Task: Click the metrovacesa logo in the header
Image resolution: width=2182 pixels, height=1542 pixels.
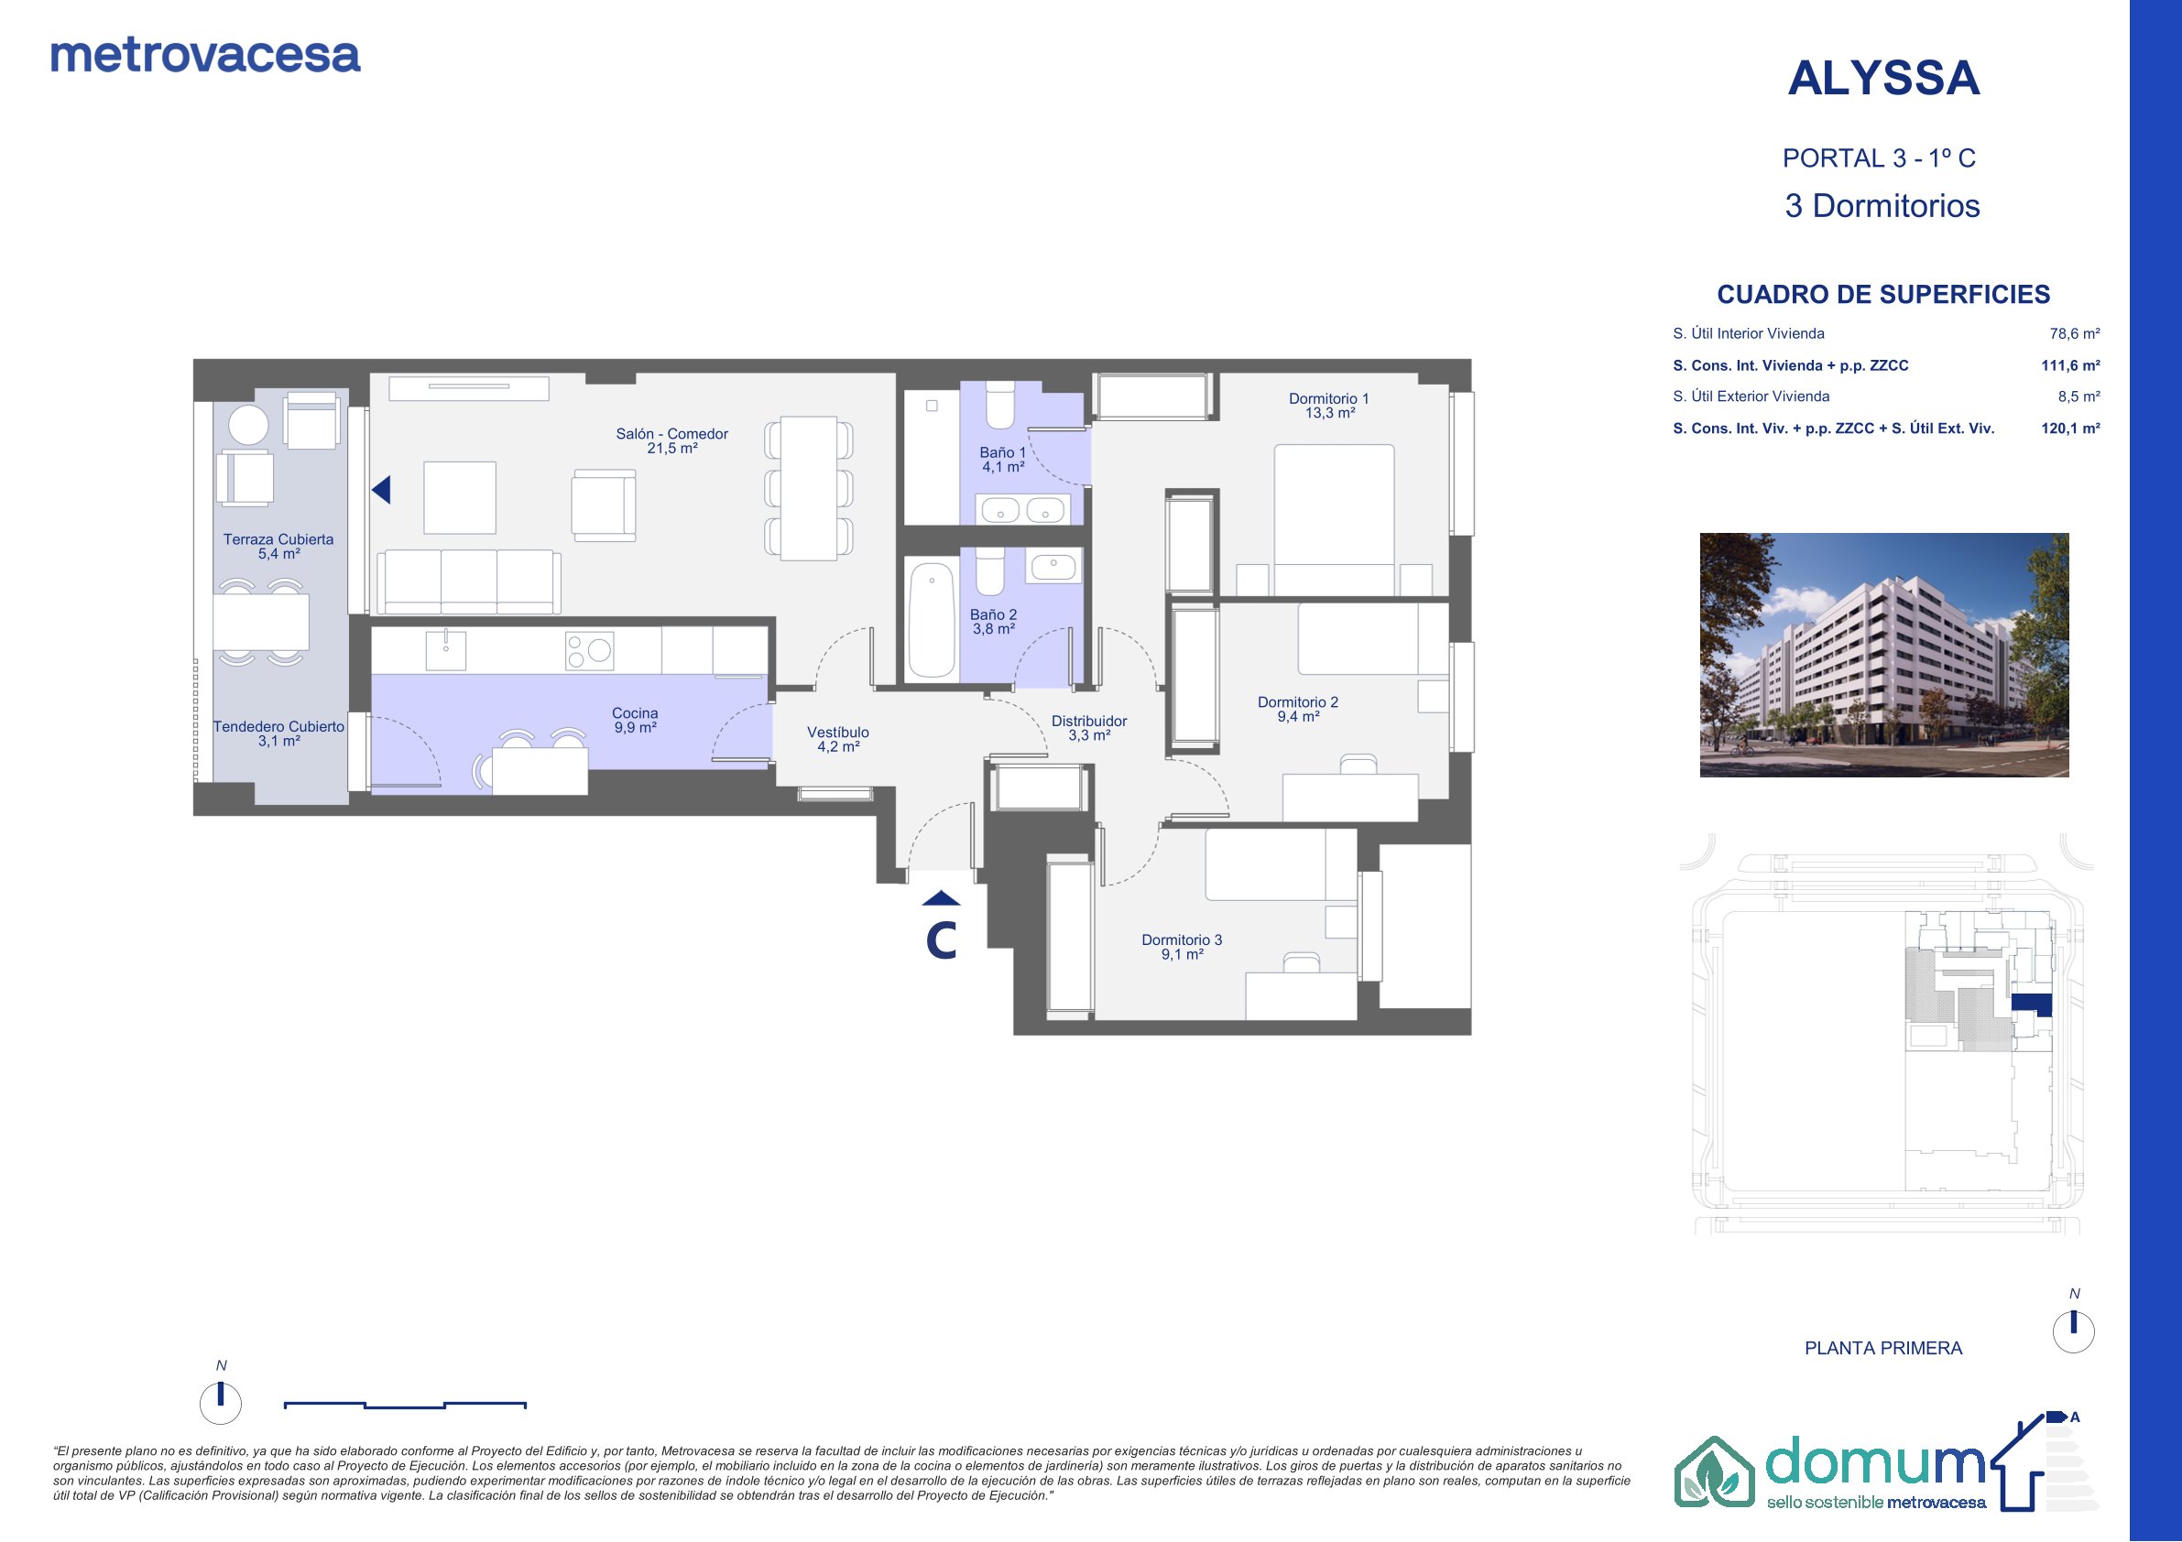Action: (205, 56)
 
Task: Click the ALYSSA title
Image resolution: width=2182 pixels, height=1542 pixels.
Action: (1883, 78)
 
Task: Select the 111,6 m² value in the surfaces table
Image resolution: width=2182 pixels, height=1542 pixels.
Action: (2071, 365)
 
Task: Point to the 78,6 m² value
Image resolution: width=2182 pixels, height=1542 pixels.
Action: (2075, 333)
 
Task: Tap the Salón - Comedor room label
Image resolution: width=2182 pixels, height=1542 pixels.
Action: (671, 440)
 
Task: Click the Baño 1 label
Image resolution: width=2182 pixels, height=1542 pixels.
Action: (1003, 460)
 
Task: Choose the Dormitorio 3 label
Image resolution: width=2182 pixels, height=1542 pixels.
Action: (1183, 947)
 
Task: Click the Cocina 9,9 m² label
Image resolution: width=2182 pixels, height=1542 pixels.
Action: (635, 720)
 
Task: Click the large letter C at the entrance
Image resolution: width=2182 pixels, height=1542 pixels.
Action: (941, 940)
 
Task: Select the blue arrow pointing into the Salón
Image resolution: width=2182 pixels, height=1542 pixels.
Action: (381, 490)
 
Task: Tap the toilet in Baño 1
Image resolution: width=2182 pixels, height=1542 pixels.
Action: (999, 406)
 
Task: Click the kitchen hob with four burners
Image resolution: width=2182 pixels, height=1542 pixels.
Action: (589, 652)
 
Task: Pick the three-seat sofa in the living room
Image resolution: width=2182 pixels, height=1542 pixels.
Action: (468, 581)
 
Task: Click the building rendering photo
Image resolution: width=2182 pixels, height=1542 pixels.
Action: (1883, 655)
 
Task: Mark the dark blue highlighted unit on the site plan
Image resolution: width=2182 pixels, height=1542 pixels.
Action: (2032, 1004)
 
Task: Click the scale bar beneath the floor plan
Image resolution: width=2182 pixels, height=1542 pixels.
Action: (405, 1406)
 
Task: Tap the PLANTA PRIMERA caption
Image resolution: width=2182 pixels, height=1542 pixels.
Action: (1882, 1348)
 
